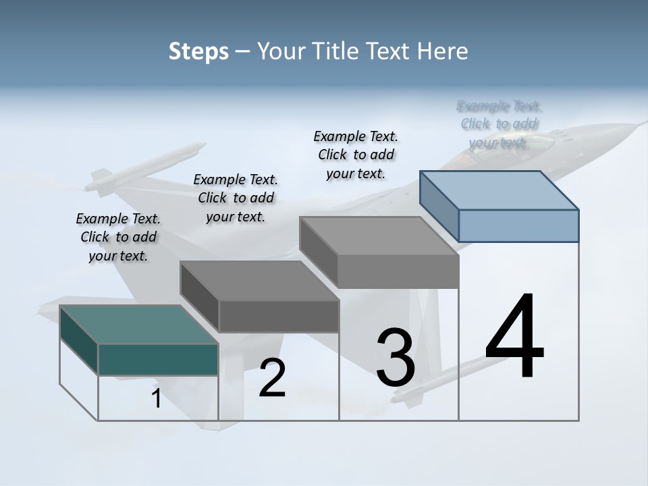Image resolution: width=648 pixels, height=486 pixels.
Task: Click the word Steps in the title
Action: (198, 51)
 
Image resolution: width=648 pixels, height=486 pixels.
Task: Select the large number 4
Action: (514, 337)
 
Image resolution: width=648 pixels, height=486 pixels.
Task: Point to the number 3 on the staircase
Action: (396, 358)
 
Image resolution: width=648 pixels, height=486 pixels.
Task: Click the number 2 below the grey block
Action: (272, 378)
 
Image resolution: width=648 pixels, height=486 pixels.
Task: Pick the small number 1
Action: (157, 399)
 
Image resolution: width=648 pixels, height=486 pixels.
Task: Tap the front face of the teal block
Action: (158, 359)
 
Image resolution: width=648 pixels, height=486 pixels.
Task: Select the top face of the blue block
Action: (500, 190)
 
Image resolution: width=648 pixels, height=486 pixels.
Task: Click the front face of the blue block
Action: (518, 225)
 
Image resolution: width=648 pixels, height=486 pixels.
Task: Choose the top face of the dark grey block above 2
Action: (259, 281)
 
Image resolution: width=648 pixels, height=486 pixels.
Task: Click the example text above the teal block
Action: (118, 237)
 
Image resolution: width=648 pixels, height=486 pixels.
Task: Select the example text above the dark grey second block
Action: (236, 198)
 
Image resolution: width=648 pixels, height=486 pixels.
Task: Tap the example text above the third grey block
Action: (356, 155)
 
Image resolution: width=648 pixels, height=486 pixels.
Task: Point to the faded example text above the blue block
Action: (500, 124)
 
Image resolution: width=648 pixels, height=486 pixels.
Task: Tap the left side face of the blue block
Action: (439, 206)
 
